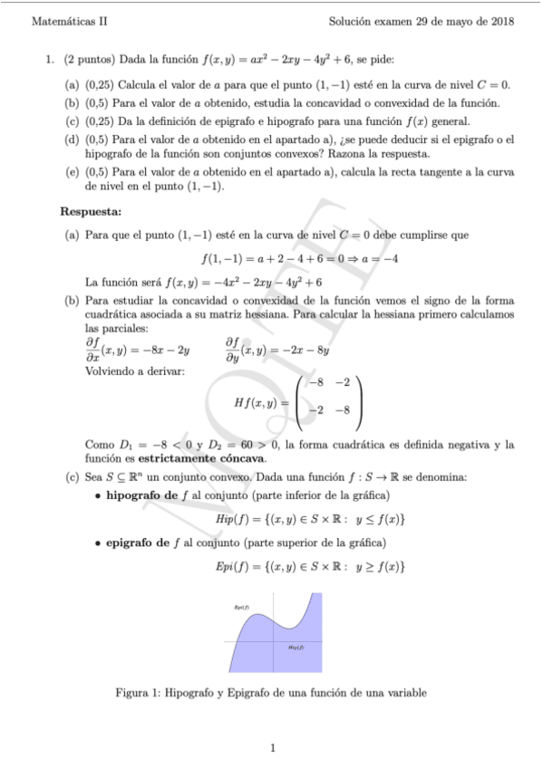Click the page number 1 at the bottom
click(x=271, y=748)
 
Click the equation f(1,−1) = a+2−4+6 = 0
click(x=299, y=258)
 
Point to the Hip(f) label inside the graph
click(x=296, y=648)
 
